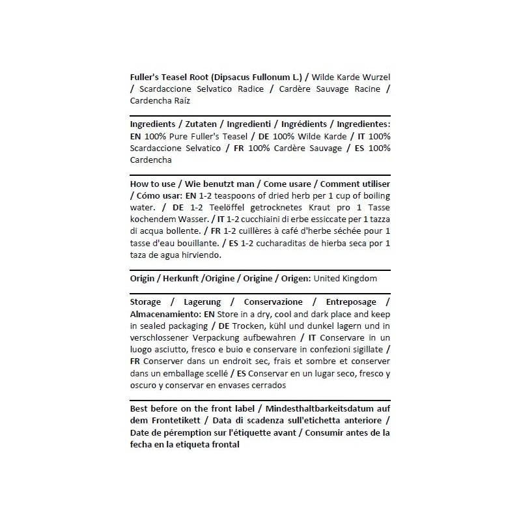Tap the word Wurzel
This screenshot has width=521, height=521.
click(x=375, y=77)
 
